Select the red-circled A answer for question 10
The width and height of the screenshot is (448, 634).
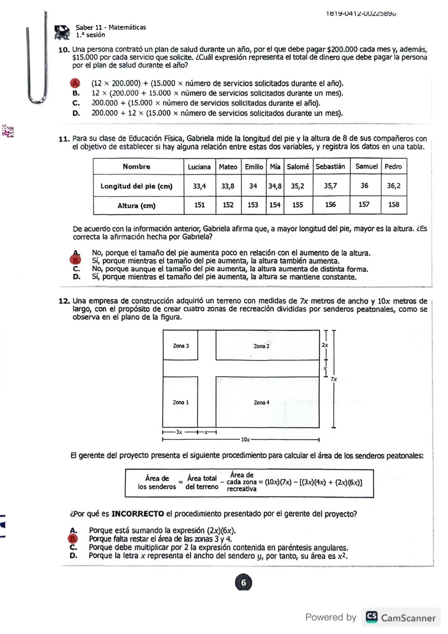(x=75, y=83)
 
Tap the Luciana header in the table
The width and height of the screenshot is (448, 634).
(x=199, y=167)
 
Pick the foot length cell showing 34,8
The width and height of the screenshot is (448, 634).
(x=275, y=186)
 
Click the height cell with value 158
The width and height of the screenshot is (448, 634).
(x=394, y=205)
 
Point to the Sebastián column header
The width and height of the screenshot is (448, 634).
(x=330, y=167)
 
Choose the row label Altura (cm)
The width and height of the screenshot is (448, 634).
(x=136, y=206)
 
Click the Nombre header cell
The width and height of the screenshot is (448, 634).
(x=136, y=167)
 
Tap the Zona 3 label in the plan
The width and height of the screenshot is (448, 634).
(x=181, y=346)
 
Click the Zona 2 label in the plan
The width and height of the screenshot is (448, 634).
(x=261, y=346)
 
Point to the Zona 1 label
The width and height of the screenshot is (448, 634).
(x=180, y=402)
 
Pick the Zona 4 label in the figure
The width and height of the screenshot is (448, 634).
(x=261, y=402)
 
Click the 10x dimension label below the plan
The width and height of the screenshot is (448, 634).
(x=245, y=439)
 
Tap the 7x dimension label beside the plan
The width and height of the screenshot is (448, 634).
(x=334, y=379)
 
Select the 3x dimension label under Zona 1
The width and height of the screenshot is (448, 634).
(x=179, y=432)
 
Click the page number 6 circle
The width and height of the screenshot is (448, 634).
(x=243, y=583)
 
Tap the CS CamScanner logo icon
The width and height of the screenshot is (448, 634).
(x=372, y=617)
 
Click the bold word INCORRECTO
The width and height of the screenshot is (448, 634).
(x=138, y=514)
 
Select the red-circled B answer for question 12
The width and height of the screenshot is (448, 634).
(x=73, y=539)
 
